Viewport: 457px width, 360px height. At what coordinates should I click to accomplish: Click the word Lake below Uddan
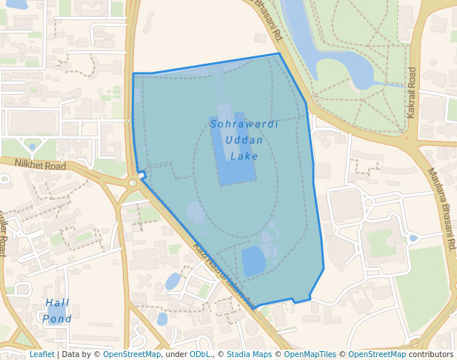tap(244, 156)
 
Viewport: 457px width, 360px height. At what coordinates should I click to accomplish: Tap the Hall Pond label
tap(57, 310)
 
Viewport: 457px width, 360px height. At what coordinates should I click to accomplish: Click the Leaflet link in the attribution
tap(41, 355)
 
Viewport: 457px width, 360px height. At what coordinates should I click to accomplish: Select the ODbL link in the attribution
tap(200, 355)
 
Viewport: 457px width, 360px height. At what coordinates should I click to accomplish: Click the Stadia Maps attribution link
tap(249, 355)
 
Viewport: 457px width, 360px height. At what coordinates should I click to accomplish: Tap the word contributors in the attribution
tap(431, 355)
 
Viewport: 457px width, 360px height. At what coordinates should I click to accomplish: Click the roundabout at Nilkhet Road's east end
tap(132, 182)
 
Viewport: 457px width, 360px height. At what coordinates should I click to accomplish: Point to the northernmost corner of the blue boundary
tap(278, 53)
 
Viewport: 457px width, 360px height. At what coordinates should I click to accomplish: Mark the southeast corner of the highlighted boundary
tap(324, 269)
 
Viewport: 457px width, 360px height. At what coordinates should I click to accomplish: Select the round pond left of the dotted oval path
tap(196, 212)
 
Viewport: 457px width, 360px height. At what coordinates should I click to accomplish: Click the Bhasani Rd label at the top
tap(267, 20)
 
